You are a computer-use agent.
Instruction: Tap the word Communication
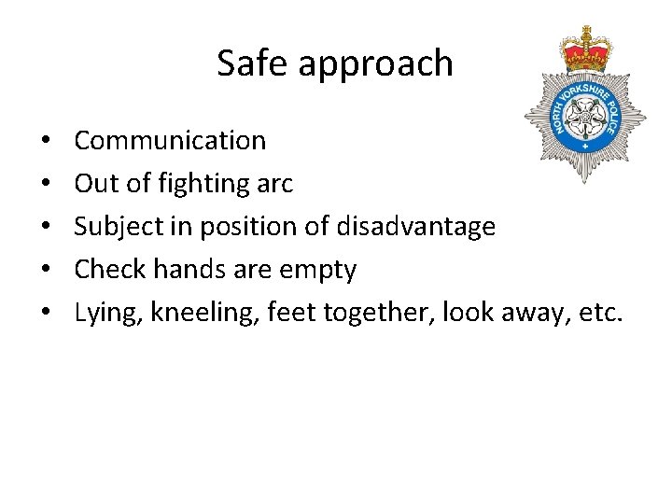pos(170,141)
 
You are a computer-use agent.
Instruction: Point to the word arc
pos(275,184)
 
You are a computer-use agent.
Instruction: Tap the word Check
pos(104,270)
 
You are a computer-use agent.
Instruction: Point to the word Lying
pos(105,314)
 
